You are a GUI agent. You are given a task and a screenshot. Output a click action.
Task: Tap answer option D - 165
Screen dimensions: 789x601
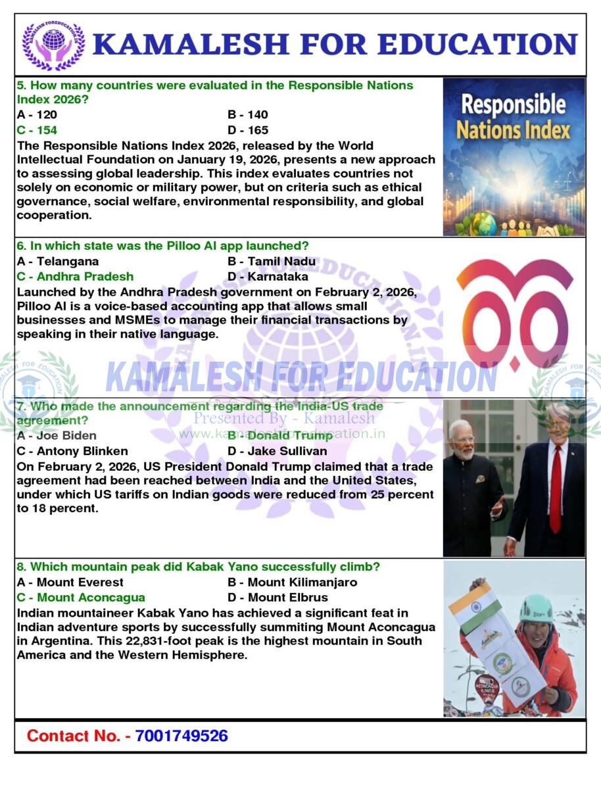[248, 130]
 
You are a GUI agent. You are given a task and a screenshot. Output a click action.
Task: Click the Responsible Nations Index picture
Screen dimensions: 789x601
[514, 156]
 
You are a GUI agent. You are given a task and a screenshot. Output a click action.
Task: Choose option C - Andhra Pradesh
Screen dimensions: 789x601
[75, 277]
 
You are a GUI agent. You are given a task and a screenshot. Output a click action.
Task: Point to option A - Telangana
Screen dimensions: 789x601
[58, 261]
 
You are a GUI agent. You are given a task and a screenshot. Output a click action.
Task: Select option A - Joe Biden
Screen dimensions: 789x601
[57, 435]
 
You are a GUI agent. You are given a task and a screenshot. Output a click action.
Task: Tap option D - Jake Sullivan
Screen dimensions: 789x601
[277, 451]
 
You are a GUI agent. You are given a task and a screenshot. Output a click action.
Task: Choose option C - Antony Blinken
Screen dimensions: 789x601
[72, 451]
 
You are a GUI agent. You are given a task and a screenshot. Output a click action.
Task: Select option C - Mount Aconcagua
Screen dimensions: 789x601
[81, 598]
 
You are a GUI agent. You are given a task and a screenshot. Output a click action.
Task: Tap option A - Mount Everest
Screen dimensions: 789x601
[70, 582]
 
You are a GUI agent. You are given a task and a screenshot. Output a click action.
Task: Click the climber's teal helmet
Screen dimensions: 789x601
[536, 608]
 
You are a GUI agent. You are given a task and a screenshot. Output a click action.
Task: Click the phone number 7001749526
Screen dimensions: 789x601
[181, 736]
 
